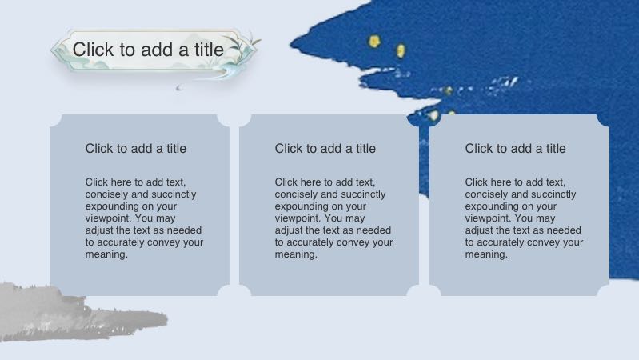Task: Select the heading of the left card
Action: pos(136,149)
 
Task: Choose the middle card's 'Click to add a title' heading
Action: pos(325,149)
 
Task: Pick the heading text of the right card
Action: pos(516,149)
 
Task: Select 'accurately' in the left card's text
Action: pos(123,242)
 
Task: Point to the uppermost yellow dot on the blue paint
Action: pos(373,40)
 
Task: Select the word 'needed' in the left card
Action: pos(184,230)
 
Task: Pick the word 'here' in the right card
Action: pos(504,182)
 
